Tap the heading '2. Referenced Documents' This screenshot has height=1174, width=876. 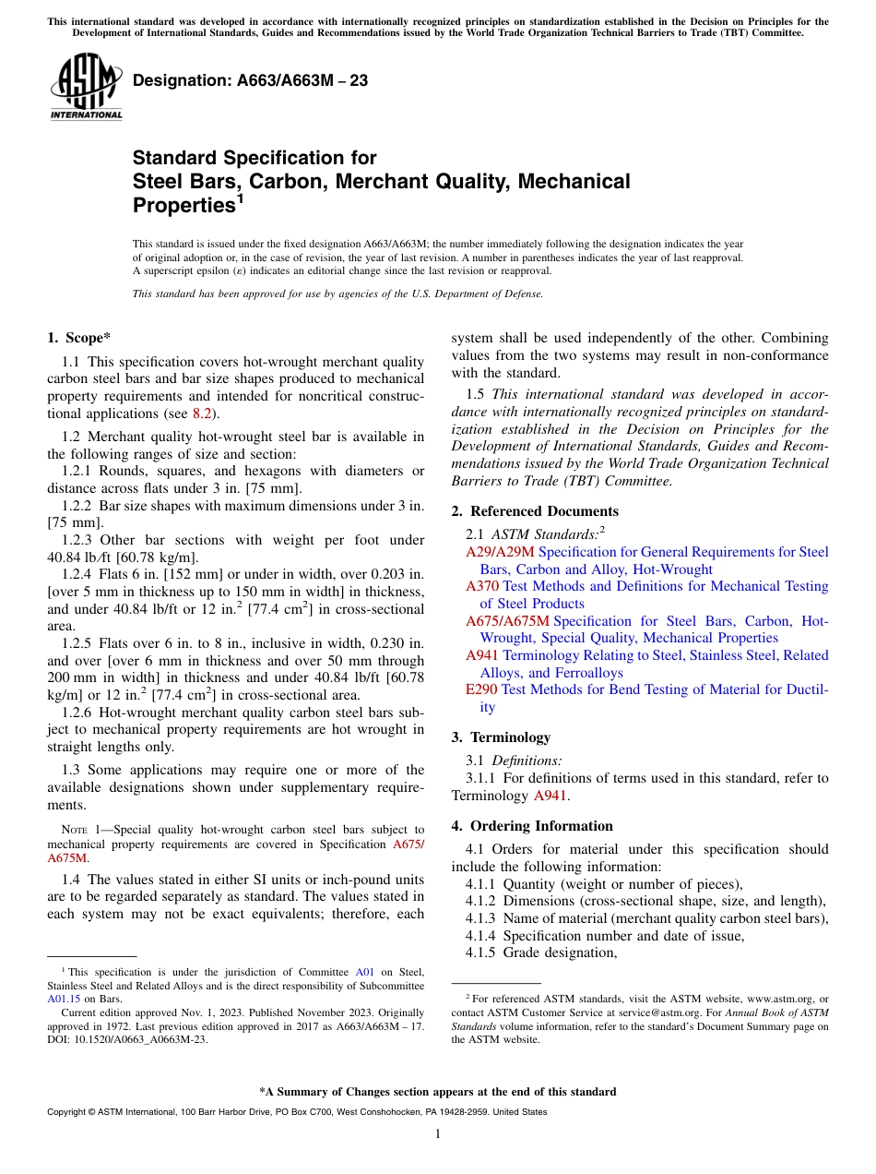point(535,511)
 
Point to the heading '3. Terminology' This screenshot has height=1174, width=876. point(501,737)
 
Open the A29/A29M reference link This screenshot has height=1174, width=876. point(500,552)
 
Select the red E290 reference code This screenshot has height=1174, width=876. point(481,689)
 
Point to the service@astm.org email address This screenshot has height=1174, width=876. point(657,1012)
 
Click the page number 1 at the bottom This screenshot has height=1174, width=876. point(438,1134)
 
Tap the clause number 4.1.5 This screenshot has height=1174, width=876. point(483,952)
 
